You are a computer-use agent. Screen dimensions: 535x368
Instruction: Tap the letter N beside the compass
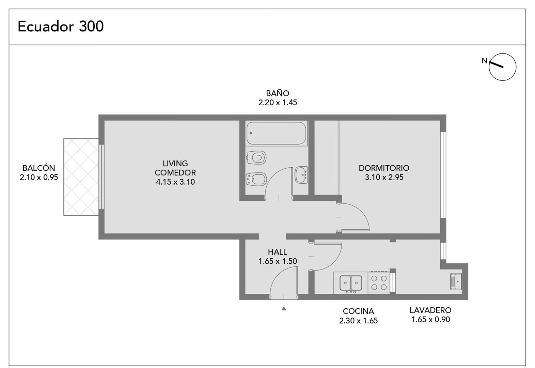[x=484, y=61]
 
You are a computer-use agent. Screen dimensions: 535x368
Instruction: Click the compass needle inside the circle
[x=496, y=65]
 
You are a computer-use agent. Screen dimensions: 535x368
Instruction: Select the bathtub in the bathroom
[x=276, y=133]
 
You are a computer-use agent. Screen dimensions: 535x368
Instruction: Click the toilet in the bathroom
[x=256, y=157]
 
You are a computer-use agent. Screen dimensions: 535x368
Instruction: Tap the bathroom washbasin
[x=301, y=175]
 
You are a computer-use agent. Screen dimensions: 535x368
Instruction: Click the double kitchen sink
[x=351, y=283]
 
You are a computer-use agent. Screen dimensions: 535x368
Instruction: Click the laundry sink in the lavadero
[x=456, y=281]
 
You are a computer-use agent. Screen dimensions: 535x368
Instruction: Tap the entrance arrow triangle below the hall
[x=284, y=308]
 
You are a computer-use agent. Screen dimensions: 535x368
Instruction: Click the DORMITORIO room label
[x=384, y=168]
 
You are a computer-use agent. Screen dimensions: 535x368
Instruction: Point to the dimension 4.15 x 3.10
[x=175, y=182]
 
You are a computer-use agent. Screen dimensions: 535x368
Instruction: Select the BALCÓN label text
[x=39, y=168]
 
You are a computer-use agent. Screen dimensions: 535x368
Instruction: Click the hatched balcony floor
[x=81, y=177]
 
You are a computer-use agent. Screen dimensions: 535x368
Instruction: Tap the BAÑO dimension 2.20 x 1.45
[x=278, y=103]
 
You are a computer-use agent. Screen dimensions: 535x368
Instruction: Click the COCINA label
[x=358, y=311]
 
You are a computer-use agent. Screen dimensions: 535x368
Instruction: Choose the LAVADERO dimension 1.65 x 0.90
[x=431, y=320]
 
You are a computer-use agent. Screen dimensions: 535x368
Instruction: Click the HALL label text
[x=278, y=252]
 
